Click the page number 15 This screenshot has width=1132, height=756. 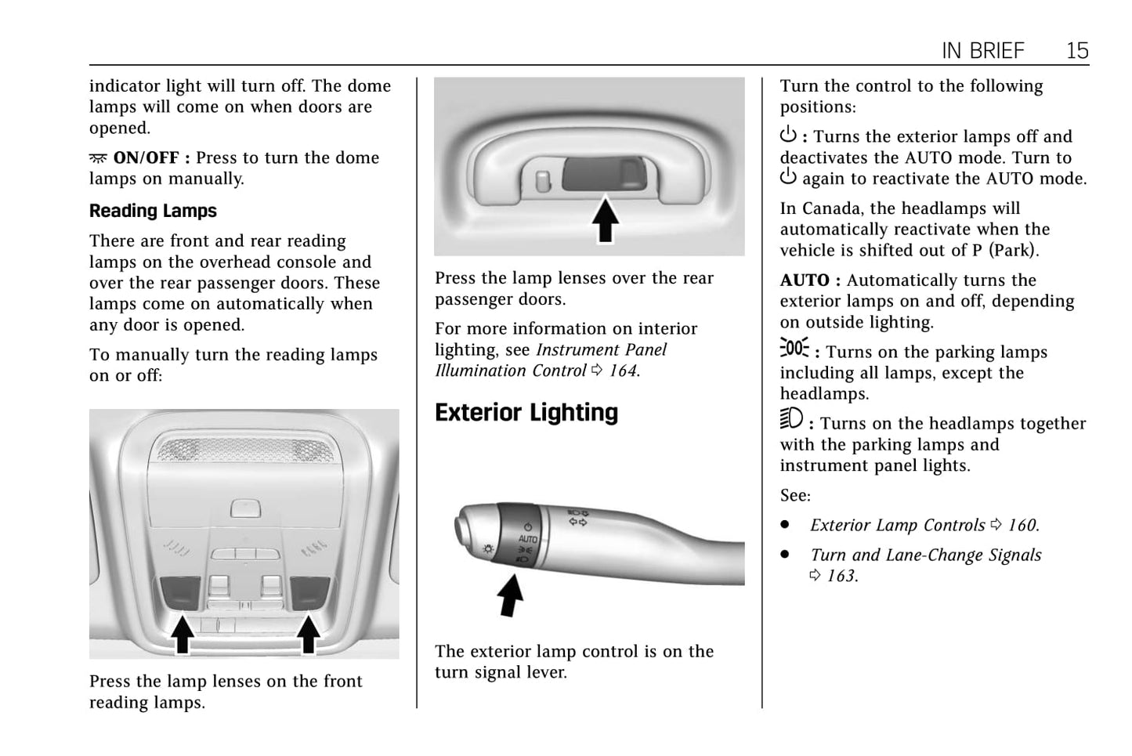click(x=1077, y=51)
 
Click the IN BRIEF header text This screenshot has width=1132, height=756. click(x=982, y=51)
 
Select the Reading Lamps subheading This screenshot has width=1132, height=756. click(x=153, y=211)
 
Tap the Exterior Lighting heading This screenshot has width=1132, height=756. click(x=526, y=413)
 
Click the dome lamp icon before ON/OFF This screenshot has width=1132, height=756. click(x=98, y=158)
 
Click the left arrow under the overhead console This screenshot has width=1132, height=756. click(x=183, y=634)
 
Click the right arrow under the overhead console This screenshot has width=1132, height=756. click(x=308, y=634)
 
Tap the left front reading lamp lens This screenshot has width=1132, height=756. click(x=180, y=592)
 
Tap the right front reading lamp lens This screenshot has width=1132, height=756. click(x=309, y=592)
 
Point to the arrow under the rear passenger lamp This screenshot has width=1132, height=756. click(x=605, y=220)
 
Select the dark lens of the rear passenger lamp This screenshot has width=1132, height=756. click(x=602, y=174)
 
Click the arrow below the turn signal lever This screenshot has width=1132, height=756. click(x=511, y=595)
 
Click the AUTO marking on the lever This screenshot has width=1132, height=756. click(x=528, y=539)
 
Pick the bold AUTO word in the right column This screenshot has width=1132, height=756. click(x=805, y=280)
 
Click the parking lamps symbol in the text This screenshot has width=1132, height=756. click(x=794, y=349)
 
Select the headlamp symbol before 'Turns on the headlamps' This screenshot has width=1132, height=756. click(x=791, y=420)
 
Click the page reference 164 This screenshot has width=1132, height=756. click(x=624, y=371)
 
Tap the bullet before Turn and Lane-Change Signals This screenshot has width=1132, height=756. click(x=785, y=555)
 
